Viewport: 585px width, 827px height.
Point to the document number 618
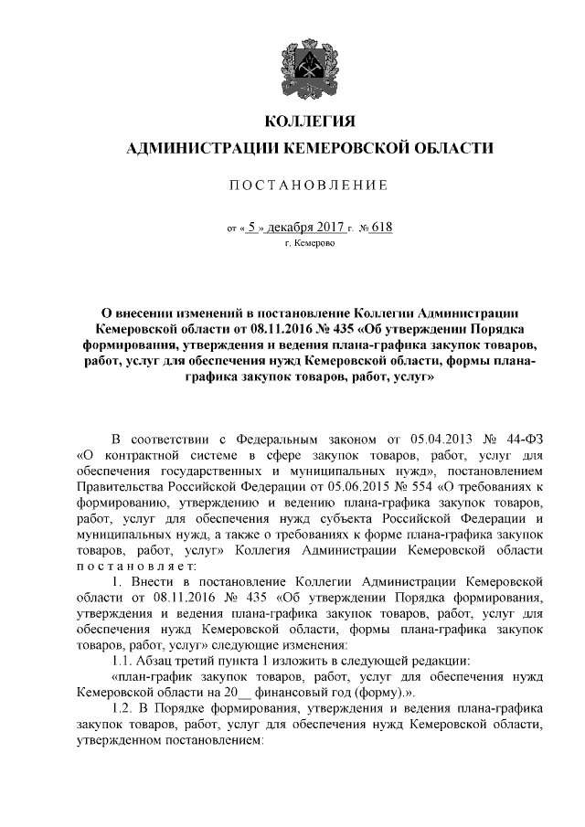pos(380,227)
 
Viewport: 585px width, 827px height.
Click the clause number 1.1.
pos(121,659)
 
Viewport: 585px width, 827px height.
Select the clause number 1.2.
pos(121,708)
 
